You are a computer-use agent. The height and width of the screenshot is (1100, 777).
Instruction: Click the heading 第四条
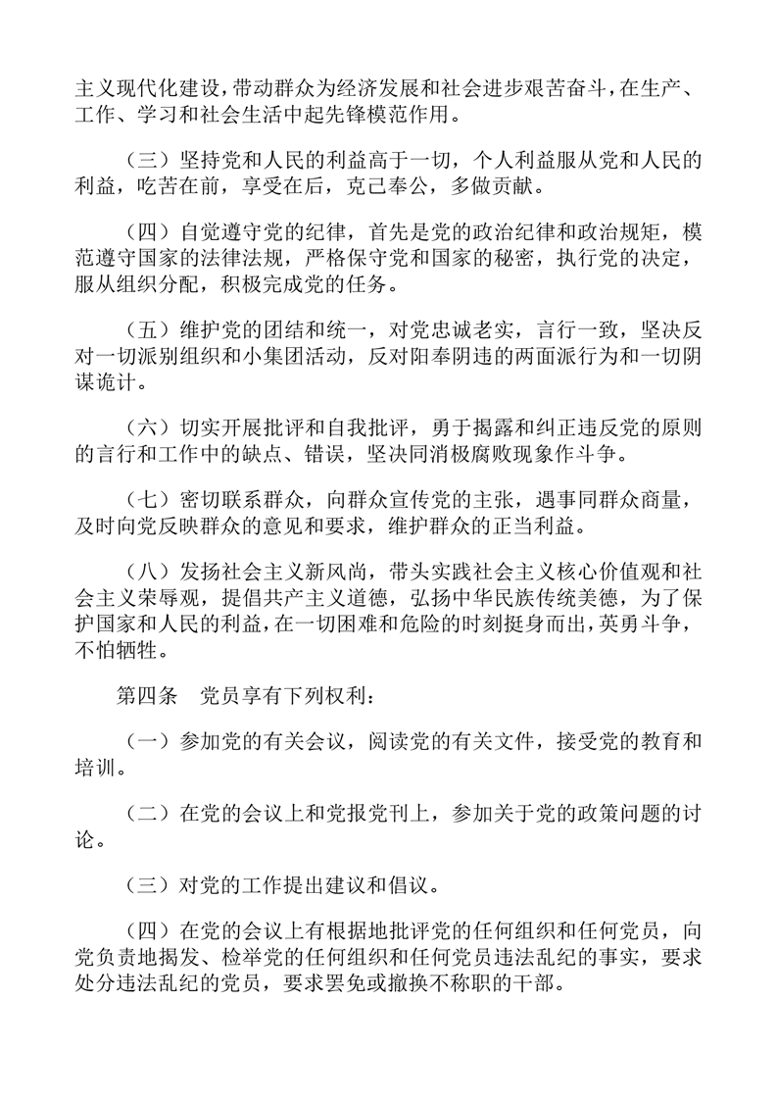(x=144, y=697)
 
